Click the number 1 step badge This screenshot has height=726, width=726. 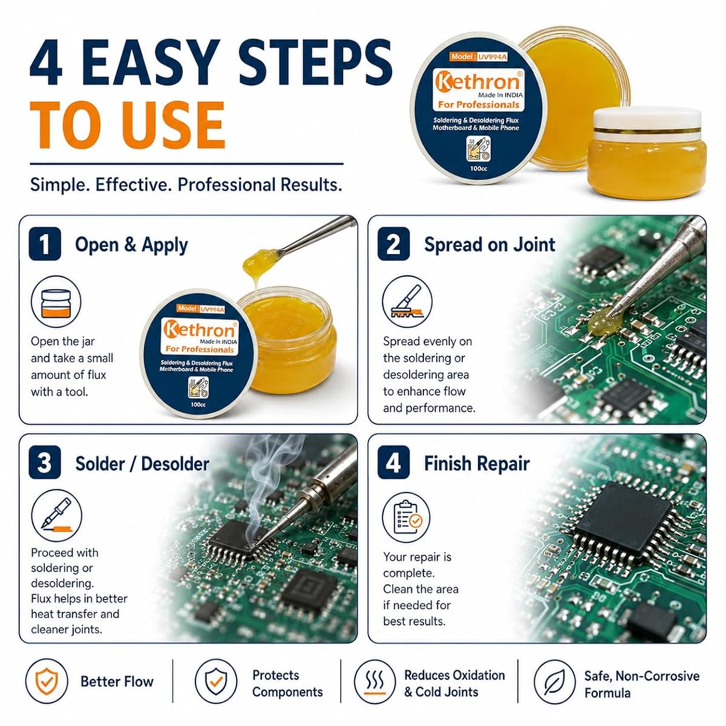tap(44, 244)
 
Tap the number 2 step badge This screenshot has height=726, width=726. tap(393, 244)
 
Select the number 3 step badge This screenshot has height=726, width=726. tap(44, 462)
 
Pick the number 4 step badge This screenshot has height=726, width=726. tap(393, 462)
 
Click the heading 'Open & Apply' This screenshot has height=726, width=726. tap(131, 245)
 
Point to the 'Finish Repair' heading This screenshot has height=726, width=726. tap(477, 463)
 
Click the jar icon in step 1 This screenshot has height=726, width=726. tap(56, 302)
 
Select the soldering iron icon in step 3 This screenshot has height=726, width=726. tap(56, 515)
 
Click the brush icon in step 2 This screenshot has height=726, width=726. tap(407, 301)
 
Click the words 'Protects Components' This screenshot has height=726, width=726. tap(287, 684)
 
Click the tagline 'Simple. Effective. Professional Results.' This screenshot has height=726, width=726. tap(186, 185)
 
